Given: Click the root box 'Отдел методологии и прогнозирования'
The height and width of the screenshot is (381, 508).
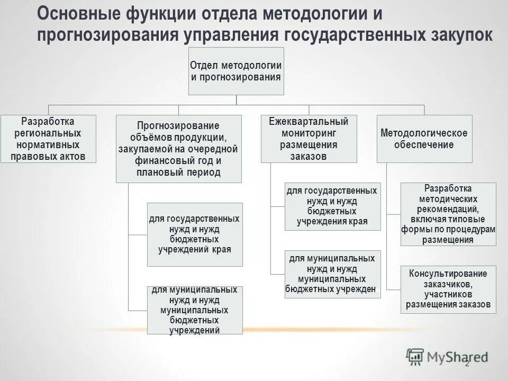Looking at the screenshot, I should (x=236, y=71).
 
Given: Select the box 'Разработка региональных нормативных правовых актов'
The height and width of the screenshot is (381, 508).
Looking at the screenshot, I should (x=48, y=139).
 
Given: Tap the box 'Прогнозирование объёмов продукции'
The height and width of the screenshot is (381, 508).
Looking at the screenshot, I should (x=178, y=149).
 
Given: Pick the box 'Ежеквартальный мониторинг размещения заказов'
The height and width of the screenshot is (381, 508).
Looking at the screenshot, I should (x=309, y=139).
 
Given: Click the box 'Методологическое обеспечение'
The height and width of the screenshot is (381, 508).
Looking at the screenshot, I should (x=424, y=139).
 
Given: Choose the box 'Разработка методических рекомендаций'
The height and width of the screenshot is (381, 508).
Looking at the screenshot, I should (x=448, y=214).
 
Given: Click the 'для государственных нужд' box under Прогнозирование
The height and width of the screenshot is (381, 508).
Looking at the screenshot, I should (x=195, y=234).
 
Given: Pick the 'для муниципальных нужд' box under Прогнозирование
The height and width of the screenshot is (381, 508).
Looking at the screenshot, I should (x=195, y=310).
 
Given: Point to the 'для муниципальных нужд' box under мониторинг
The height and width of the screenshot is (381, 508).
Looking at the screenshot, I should (x=332, y=274).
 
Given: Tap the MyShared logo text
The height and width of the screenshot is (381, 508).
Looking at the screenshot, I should (x=457, y=357).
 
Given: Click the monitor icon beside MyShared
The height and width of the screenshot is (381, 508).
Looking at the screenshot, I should (x=415, y=356).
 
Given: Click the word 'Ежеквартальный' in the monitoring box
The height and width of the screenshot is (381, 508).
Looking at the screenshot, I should (x=309, y=122).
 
